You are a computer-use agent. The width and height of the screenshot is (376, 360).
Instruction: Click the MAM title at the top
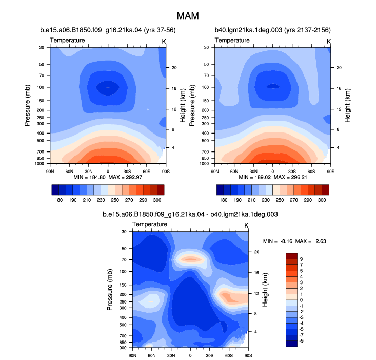click(x=188, y=16)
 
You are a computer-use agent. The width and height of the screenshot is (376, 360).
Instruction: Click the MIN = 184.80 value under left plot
click(x=89, y=177)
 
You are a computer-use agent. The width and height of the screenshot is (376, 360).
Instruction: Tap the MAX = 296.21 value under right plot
click(x=290, y=177)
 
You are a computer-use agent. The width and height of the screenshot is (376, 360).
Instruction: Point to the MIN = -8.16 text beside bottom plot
click(x=278, y=241)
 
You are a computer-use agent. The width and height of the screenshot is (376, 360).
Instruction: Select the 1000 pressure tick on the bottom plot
click(x=122, y=348)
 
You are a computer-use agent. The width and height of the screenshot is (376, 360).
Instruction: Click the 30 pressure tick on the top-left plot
click(x=42, y=48)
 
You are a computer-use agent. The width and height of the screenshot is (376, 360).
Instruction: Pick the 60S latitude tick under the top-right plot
click(x=311, y=172)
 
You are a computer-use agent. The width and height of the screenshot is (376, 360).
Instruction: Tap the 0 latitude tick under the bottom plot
click(x=190, y=355)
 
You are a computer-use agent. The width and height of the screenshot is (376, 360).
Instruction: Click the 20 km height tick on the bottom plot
click(x=256, y=252)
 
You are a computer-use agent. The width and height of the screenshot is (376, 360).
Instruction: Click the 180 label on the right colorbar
click(x=224, y=200)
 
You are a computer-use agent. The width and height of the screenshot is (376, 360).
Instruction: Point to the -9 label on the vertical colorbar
click(x=301, y=341)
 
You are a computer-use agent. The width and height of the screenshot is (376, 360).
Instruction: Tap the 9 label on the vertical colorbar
click(x=301, y=259)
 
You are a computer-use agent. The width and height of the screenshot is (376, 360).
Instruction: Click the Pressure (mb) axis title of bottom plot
click(x=110, y=290)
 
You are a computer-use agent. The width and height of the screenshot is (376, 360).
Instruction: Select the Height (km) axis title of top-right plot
click(x=347, y=105)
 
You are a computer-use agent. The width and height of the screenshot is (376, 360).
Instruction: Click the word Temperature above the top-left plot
click(x=67, y=40)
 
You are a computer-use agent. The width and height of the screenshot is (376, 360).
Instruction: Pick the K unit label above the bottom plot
click(x=246, y=225)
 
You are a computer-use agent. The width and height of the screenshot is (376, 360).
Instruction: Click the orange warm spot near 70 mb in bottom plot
click(x=191, y=259)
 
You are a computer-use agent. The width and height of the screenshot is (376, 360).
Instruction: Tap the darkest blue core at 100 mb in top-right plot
click(x=273, y=86)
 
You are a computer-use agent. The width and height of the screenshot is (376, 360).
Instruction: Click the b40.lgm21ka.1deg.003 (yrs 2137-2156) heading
click(x=273, y=30)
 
